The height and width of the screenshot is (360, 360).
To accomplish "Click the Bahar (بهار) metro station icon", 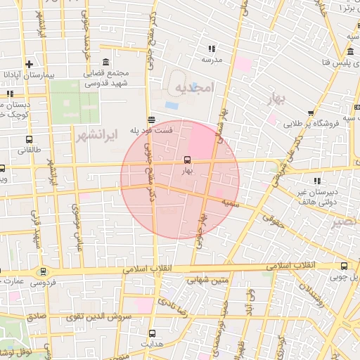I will tap(186, 160).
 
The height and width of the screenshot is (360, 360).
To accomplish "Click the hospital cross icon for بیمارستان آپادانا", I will tap(29, 63).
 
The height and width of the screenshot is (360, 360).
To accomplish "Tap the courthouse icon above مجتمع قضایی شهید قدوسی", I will tap(105, 61).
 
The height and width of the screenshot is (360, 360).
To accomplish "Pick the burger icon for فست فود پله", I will tap(151, 120).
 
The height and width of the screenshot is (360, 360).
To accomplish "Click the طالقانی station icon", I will tap(29, 139).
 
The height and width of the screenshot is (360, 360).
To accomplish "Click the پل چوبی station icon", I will tap(344, 266).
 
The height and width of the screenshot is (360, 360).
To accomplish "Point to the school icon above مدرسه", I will tap(212, 49).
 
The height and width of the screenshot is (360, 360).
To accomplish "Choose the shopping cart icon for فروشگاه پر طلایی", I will tap(311, 112).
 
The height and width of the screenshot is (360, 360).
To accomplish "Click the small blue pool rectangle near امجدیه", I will tap(172, 105).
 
